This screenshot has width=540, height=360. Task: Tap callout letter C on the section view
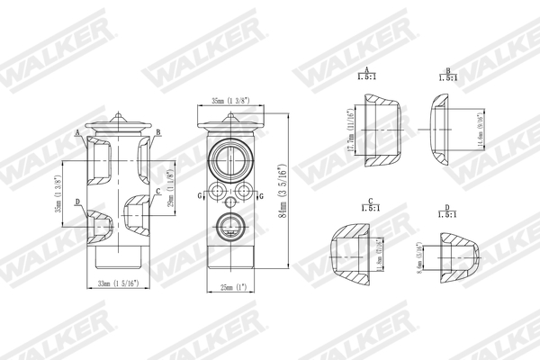point(158,191)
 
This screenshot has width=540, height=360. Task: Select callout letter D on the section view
point(78,202)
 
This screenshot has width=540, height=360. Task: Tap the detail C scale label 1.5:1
point(369,210)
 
